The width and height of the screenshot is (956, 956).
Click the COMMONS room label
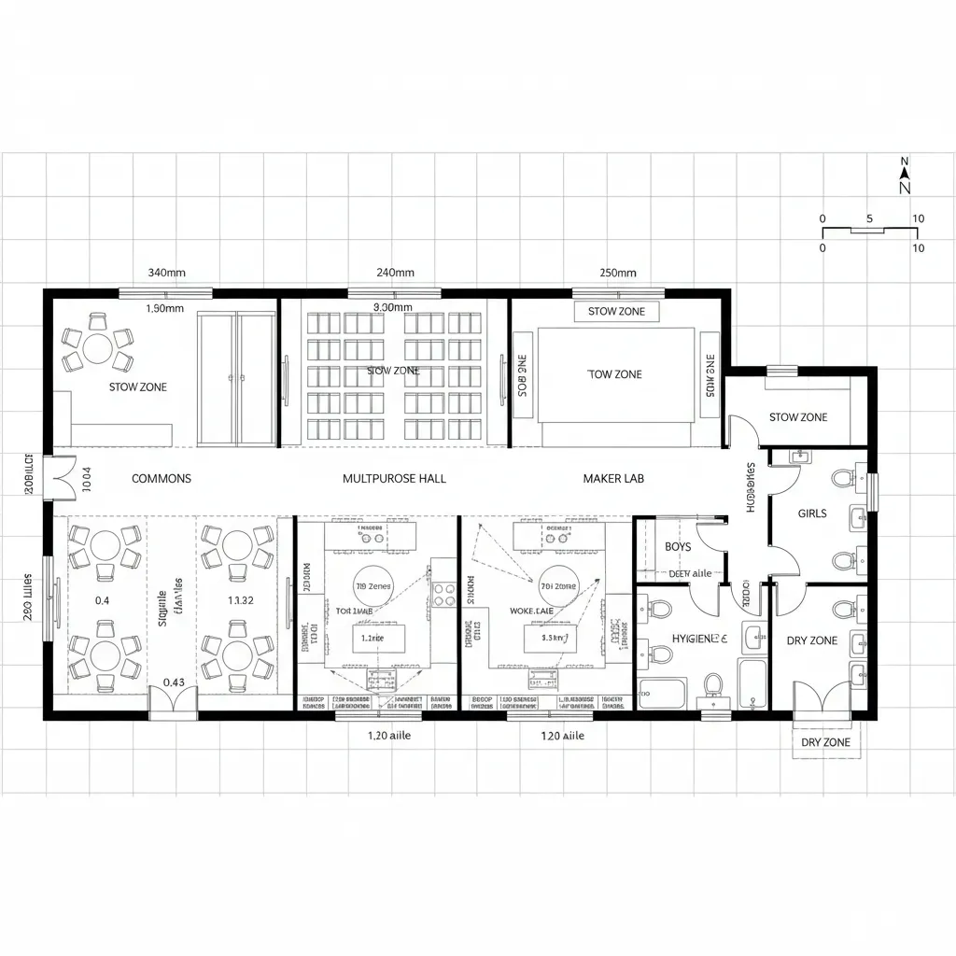point(162,478)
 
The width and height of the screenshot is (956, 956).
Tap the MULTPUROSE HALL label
point(394,478)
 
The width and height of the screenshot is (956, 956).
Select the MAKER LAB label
point(613,478)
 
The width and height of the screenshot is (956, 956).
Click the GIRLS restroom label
point(812,513)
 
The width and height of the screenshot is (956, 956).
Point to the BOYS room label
point(678,547)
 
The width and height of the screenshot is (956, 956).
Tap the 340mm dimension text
point(167,273)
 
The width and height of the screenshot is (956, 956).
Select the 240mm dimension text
point(395,273)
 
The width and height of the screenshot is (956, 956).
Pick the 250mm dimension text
point(617,273)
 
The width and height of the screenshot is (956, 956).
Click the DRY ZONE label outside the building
point(826,742)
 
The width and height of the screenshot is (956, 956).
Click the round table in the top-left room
point(98,348)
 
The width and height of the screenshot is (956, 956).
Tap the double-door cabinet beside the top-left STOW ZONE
point(237,378)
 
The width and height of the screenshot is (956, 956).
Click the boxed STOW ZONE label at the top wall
point(616,312)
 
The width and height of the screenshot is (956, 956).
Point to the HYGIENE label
point(699,639)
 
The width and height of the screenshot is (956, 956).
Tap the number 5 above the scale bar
point(869,218)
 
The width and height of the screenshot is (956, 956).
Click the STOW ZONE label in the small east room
point(797,417)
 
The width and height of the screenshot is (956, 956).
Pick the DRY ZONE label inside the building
point(811,640)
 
